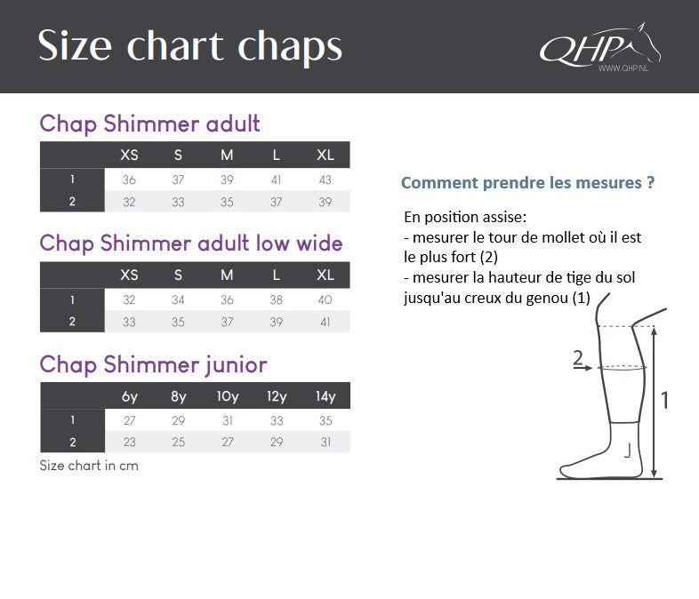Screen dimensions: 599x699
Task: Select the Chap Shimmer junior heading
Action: [x=153, y=364]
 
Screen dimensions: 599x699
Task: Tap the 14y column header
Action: [x=325, y=396]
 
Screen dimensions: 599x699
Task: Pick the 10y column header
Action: [x=227, y=396]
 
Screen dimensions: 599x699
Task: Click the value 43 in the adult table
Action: [x=325, y=180]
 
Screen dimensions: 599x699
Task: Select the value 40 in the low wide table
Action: [x=325, y=300]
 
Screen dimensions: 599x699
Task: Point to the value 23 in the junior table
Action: [x=129, y=442]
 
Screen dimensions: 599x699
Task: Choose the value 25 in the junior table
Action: [x=178, y=442]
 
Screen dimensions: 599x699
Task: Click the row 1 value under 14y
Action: [x=325, y=420]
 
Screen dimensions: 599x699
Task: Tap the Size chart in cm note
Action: [x=89, y=465]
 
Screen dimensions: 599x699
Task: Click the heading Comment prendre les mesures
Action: [x=527, y=183]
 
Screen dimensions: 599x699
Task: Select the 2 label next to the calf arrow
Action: [x=577, y=358]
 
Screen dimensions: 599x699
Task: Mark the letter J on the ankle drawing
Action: [x=628, y=451]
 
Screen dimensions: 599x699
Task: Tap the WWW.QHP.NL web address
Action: [x=622, y=68]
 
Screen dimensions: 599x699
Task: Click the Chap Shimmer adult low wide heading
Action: [x=190, y=244]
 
